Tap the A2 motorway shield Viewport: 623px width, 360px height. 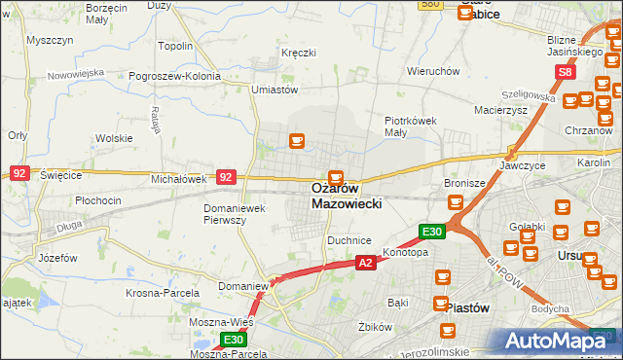click(365, 263)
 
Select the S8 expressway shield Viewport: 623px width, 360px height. click(566, 72)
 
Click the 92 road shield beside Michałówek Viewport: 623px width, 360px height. click(226, 177)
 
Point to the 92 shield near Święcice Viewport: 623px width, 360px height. click(19, 172)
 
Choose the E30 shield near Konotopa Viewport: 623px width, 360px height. click(432, 232)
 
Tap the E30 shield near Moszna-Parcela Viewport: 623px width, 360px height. click(233, 340)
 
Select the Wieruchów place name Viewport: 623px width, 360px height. click(433, 71)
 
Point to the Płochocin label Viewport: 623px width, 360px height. click(98, 200)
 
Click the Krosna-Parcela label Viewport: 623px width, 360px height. click(163, 293)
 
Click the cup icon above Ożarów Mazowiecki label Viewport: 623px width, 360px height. click(336, 177)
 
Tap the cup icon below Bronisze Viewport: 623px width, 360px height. click(455, 202)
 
